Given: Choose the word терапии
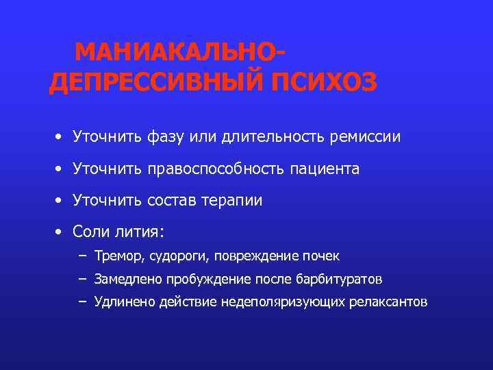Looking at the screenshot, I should click(232, 200).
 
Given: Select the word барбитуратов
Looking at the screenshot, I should click(340, 280).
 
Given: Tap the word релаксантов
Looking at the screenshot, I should click(390, 301).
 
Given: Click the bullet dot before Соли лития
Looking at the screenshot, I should click(60, 232).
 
